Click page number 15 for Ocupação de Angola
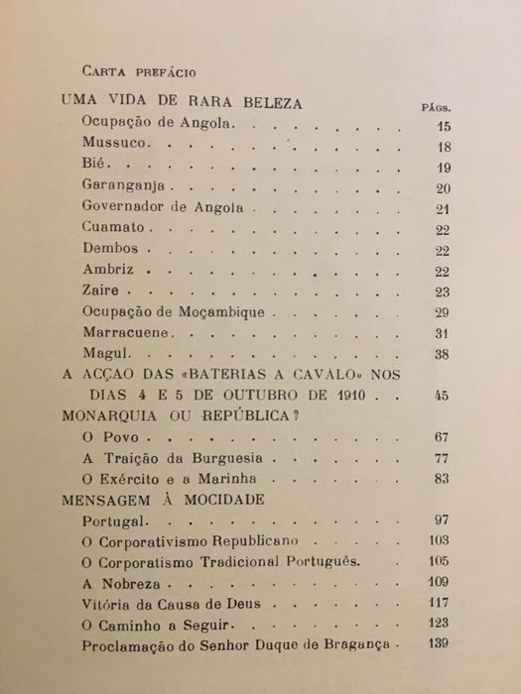coord(444,127)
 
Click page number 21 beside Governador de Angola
coord(444,209)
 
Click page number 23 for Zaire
coord(444,291)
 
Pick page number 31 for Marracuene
coord(444,332)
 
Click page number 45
coord(443,397)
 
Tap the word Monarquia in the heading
coord(111,417)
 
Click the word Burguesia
coord(229,460)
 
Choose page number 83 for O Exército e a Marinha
coord(444,481)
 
